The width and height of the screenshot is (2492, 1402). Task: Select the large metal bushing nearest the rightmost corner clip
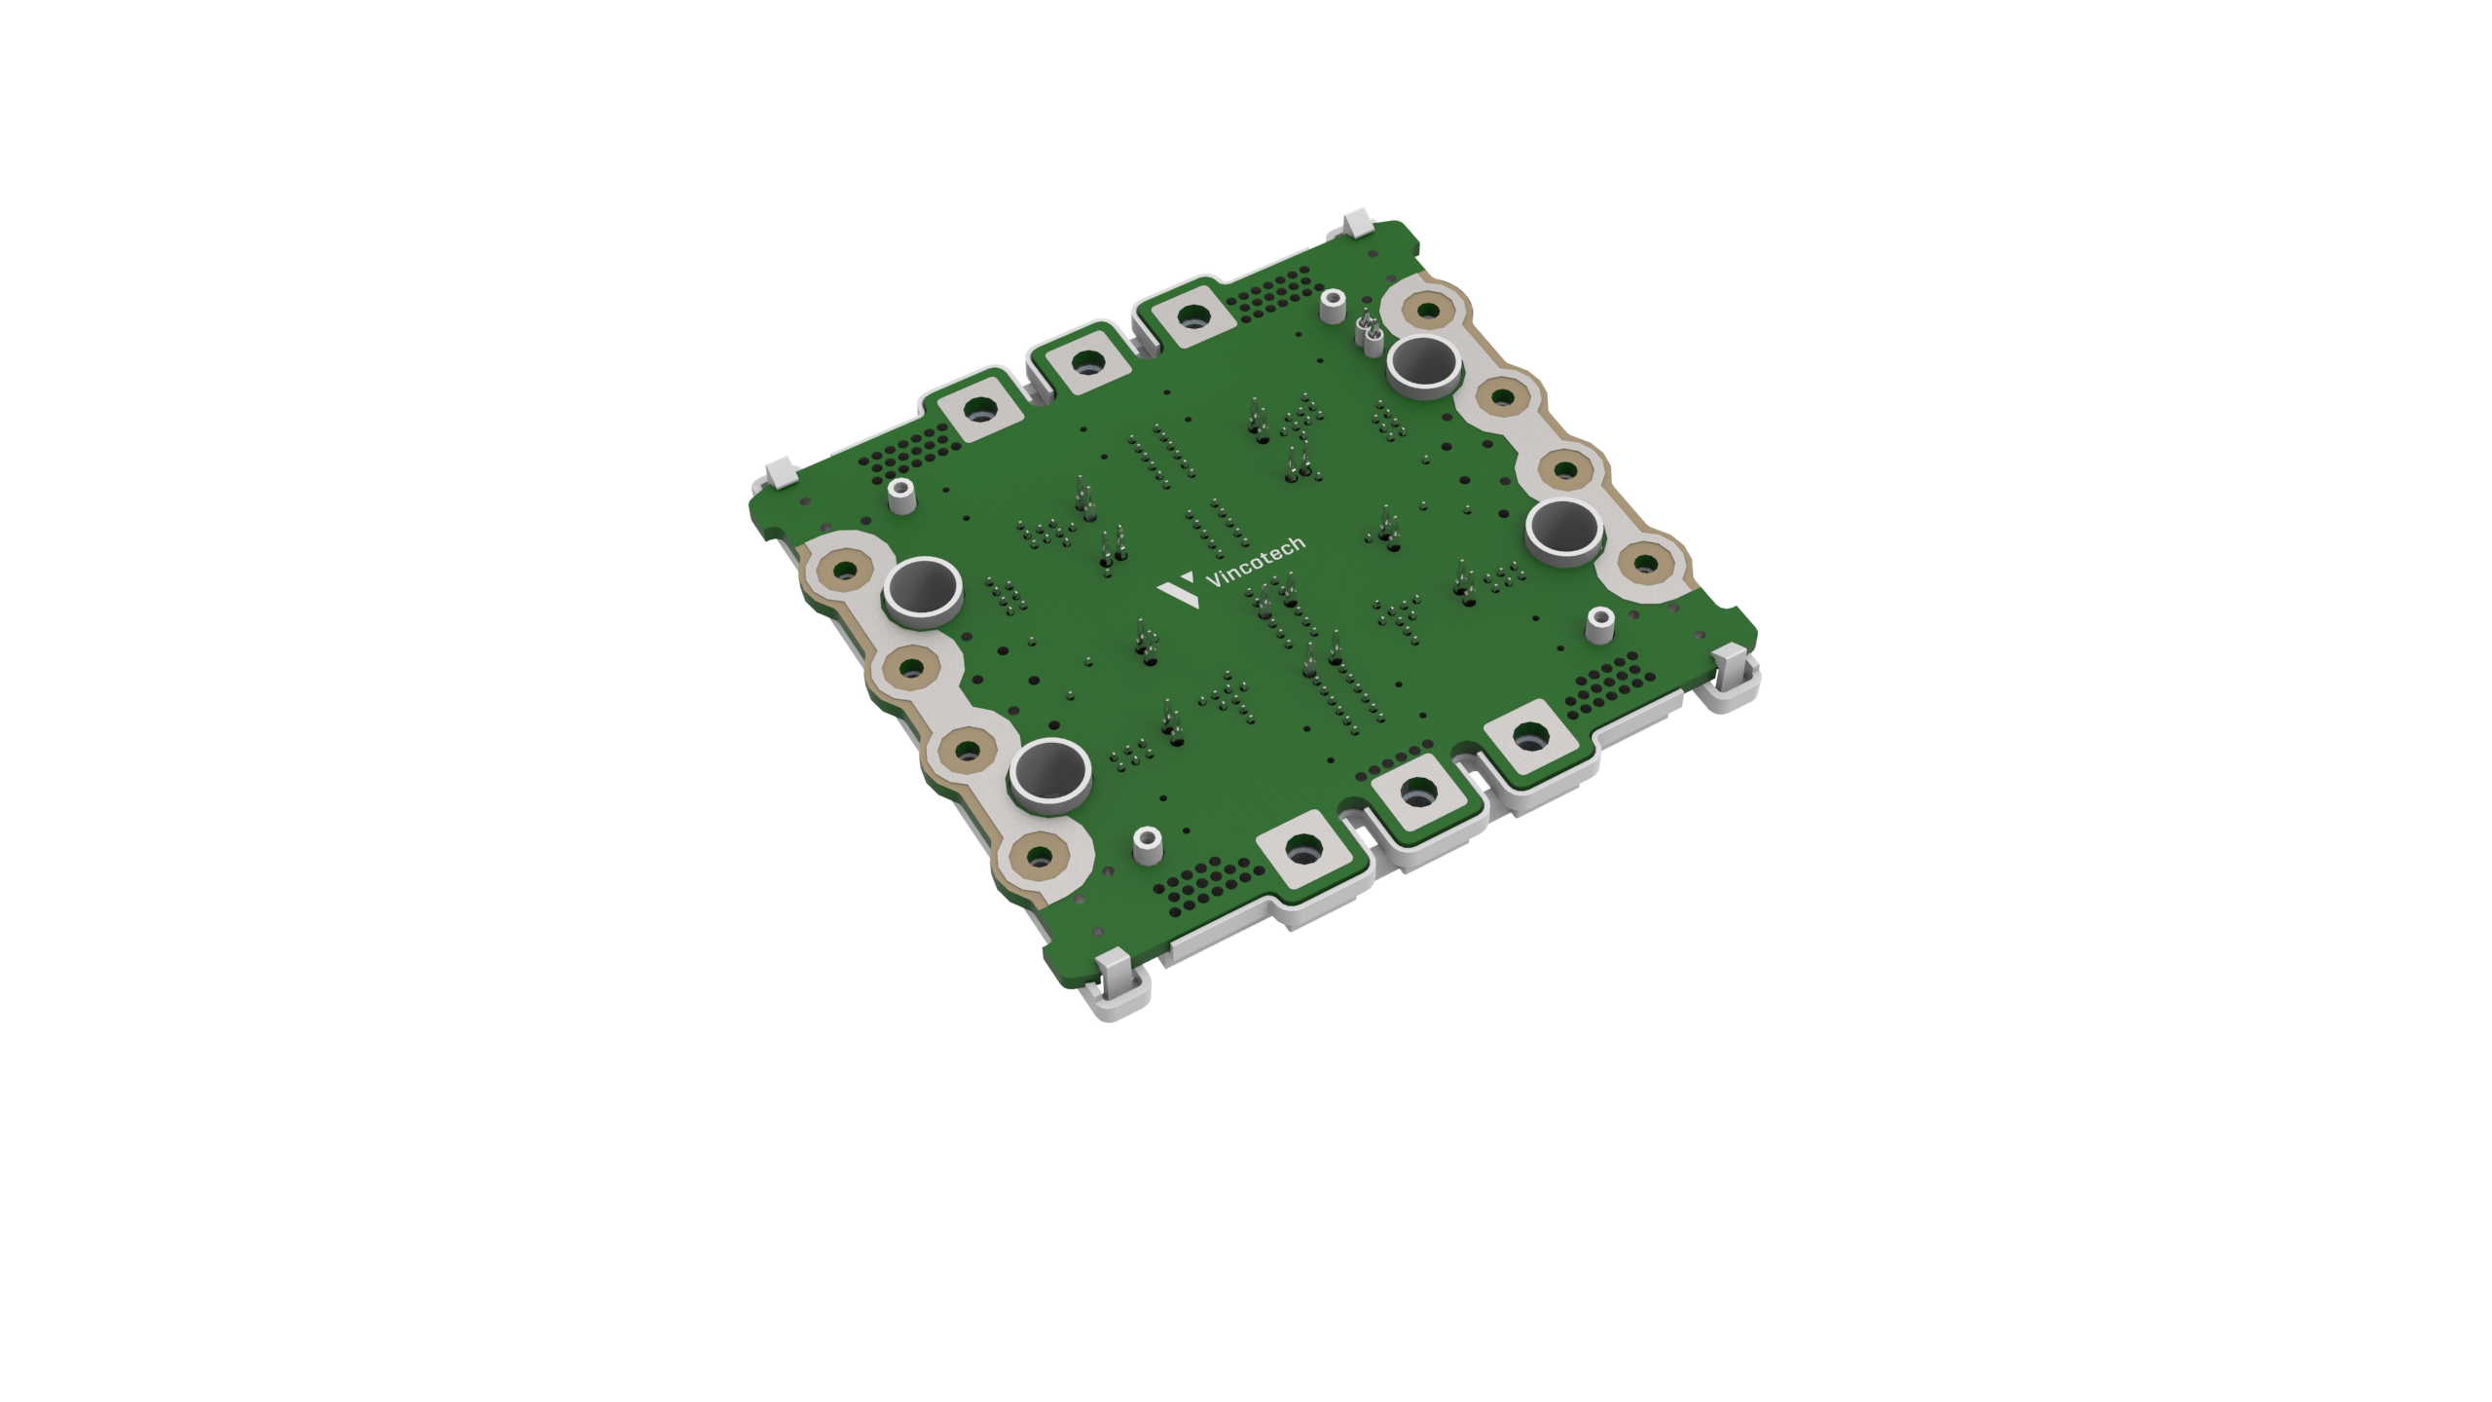pos(1564,534)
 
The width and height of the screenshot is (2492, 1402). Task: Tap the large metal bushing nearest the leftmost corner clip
pos(923,590)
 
